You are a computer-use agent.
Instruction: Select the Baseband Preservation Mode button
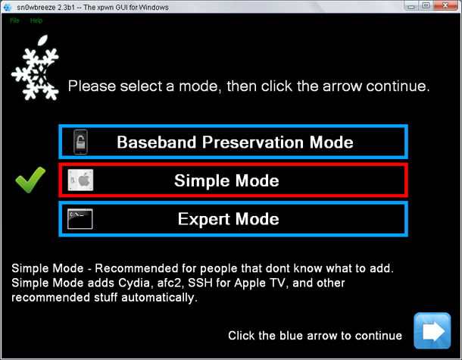point(234,142)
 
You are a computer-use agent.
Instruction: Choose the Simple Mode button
point(234,180)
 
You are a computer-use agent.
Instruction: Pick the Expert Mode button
point(234,219)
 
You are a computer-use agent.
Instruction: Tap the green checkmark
point(30,180)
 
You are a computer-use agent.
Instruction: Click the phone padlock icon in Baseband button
point(80,142)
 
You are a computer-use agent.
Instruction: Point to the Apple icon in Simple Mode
point(80,180)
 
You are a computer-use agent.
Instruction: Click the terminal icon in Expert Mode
point(80,219)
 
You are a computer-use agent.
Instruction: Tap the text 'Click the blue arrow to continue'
point(315,336)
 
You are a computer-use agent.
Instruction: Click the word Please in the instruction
point(89,86)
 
